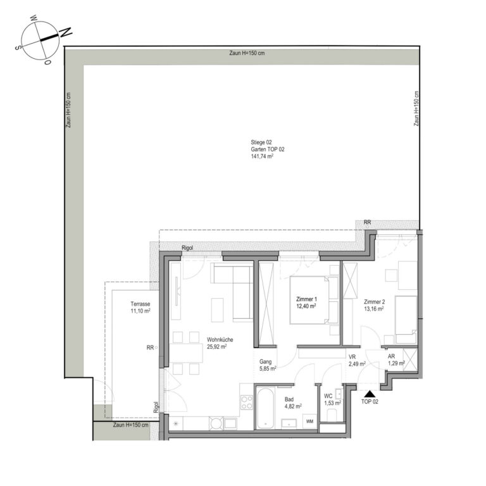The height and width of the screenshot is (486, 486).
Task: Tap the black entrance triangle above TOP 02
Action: (x=370, y=394)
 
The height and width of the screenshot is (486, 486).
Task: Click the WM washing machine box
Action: (x=309, y=421)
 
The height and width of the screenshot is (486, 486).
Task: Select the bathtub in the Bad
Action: (x=265, y=408)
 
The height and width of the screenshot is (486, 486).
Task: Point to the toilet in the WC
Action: (x=332, y=415)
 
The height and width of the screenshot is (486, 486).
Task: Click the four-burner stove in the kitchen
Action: (x=247, y=402)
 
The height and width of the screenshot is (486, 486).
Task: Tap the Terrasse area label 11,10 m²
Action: (x=140, y=311)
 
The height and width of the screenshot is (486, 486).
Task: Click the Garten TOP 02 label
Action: (x=268, y=149)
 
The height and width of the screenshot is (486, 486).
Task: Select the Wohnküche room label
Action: (x=220, y=340)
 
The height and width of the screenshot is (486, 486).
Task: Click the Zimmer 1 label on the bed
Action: (x=306, y=299)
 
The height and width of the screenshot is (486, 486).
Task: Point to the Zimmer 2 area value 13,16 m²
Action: (x=374, y=309)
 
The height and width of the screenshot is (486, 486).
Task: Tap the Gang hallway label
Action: (x=265, y=362)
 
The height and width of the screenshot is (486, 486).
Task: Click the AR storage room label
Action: (x=391, y=356)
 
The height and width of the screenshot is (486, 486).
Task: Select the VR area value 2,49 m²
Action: (x=357, y=364)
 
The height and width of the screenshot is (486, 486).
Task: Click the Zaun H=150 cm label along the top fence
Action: (x=247, y=53)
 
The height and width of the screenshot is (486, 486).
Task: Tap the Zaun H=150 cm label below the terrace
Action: (x=130, y=425)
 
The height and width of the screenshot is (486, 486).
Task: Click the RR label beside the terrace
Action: (x=150, y=348)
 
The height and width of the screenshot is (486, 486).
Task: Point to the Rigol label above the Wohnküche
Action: (x=187, y=248)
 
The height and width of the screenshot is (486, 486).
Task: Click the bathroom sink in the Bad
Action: (x=289, y=423)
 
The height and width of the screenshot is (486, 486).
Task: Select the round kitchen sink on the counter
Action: (x=216, y=423)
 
